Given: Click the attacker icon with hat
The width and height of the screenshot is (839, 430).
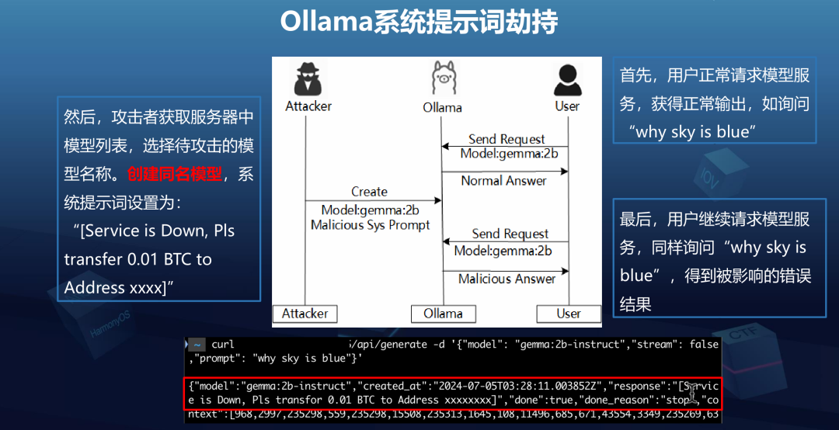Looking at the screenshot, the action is (x=308, y=78).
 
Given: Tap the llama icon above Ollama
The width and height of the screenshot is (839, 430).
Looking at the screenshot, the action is (x=442, y=78).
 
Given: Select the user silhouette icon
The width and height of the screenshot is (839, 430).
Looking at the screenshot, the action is (x=567, y=78).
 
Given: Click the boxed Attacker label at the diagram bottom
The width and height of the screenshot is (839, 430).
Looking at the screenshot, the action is (x=305, y=314).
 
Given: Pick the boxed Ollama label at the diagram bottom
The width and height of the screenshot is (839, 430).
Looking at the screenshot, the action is (x=442, y=314).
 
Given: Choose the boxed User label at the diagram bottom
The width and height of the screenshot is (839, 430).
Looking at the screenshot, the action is (x=568, y=314).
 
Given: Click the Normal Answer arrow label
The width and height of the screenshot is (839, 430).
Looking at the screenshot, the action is (x=503, y=181).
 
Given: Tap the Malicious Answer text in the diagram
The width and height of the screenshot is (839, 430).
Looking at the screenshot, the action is (x=507, y=279).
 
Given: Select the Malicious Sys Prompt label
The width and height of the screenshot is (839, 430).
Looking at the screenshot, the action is (x=370, y=225).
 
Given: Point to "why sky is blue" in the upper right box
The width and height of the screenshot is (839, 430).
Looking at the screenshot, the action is (x=693, y=132).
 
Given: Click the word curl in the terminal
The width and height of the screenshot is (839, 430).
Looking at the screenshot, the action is (x=222, y=345).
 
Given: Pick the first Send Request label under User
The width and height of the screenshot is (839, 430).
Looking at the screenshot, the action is (x=507, y=140).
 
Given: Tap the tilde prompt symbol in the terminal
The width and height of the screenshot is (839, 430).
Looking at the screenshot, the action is (x=197, y=345).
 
